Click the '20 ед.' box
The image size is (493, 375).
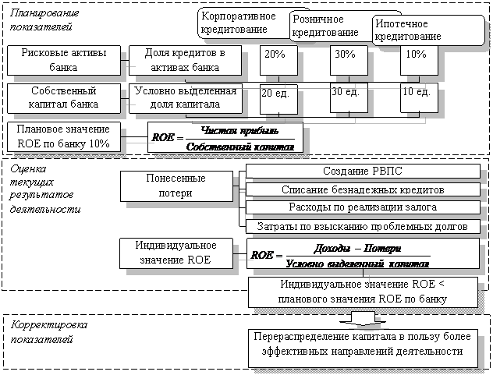[x=275, y=94]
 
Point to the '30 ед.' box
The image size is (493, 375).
[x=345, y=93]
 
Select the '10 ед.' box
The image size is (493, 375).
[x=417, y=93]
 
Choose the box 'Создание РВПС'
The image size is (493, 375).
[x=362, y=172]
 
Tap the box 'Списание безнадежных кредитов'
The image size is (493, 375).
[x=362, y=190]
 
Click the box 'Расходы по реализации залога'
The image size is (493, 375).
[x=362, y=207]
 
